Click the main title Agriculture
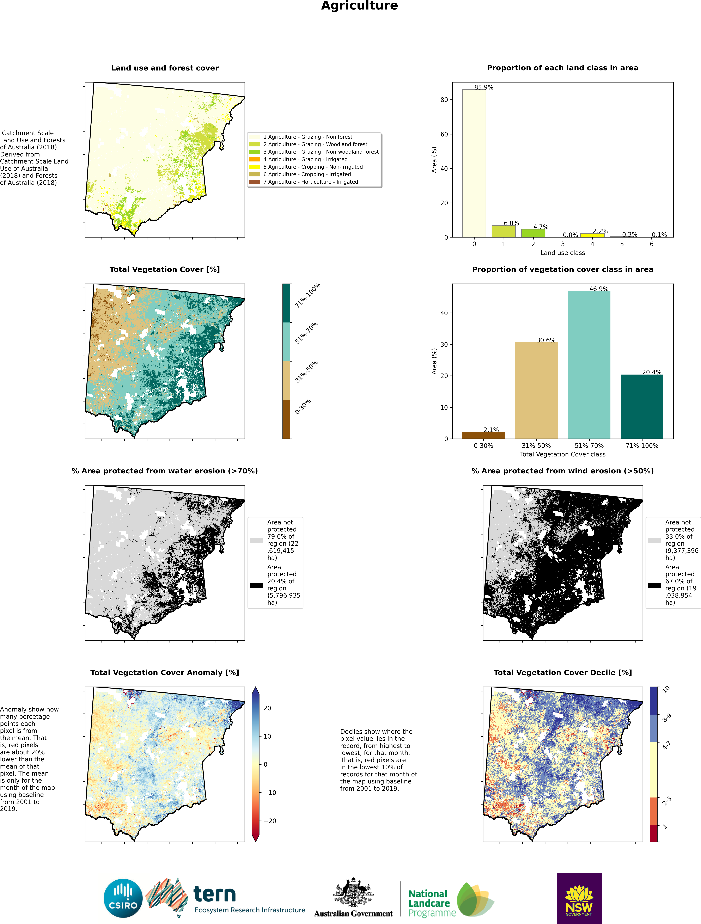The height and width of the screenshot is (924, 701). tap(359, 6)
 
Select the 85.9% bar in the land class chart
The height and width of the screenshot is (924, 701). tap(474, 163)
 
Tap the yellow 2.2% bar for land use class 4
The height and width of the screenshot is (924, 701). tap(592, 235)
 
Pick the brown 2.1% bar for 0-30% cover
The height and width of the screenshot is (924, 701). tap(483, 435)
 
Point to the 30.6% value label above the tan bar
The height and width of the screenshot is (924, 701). tap(546, 340)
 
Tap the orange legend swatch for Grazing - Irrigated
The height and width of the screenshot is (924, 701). tap(254, 159)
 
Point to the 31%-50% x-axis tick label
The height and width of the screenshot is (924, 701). tap(536, 446)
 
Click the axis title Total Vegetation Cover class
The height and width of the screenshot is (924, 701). tap(562, 454)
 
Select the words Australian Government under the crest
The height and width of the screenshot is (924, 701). tap(353, 914)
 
